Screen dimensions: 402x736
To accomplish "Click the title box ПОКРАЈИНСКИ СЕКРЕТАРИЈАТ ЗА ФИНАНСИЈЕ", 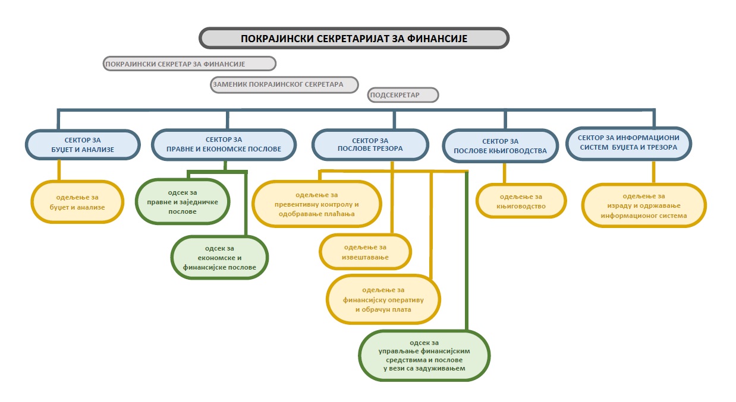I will (x=354, y=38).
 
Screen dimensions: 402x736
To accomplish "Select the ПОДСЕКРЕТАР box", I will (x=403, y=95).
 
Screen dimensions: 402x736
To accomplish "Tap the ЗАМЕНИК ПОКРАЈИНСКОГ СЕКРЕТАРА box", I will (x=285, y=84).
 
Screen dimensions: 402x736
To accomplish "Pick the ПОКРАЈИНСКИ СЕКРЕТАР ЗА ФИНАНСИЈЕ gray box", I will (x=189, y=63).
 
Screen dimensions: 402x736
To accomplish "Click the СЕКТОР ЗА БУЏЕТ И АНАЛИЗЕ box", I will (x=83, y=144).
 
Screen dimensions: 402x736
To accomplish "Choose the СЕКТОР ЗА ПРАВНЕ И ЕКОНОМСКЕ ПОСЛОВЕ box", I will (x=224, y=144).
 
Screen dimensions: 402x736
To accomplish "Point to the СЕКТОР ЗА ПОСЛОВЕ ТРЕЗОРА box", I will (x=370, y=144).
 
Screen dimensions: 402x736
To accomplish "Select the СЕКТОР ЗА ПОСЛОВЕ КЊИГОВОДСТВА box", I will (x=501, y=146).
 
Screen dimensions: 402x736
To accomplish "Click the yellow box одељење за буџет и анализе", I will (x=77, y=202).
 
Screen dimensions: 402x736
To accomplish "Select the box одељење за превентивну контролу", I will (x=316, y=204).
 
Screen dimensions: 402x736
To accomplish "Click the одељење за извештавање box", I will (x=366, y=252).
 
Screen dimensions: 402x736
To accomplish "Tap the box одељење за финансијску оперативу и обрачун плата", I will (x=383, y=299).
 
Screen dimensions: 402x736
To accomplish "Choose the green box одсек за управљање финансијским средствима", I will (x=424, y=355).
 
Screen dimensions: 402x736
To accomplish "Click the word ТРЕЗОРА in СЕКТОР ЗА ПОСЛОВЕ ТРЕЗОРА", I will (x=386, y=149).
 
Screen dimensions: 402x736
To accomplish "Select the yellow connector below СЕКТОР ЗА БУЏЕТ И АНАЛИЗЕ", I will (x=59, y=170).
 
